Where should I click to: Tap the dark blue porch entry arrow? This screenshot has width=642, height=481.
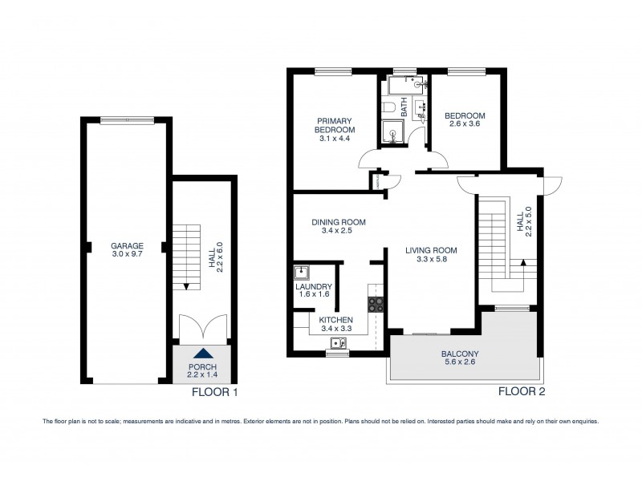pos(204,354)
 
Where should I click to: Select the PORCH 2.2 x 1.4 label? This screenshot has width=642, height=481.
pos(204,371)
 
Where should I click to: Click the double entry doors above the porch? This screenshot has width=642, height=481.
pos(204,327)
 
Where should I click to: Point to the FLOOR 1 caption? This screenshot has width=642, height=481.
pos(213,393)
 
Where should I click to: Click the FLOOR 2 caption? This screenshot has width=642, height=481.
pos(522,392)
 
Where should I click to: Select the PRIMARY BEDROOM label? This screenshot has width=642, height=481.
pos(335,128)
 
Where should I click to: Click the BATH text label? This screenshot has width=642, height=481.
pos(404,104)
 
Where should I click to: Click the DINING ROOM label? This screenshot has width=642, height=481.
pos(339,227)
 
